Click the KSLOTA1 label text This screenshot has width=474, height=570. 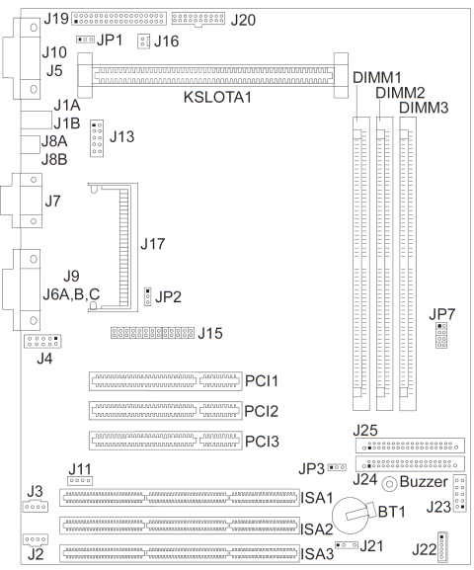pyautogui.click(x=217, y=97)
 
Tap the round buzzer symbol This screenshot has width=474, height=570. pyautogui.click(x=389, y=484)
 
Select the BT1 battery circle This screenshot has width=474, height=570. pyautogui.click(x=351, y=516)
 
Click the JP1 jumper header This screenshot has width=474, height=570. pyautogui.click(x=86, y=39)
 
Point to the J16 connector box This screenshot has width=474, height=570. pyautogui.click(x=143, y=41)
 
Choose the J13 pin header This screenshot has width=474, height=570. pyautogui.click(x=97, y=138)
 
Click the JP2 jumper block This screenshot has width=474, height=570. pyautogui.click(x=147, y=296)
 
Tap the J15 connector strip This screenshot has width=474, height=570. pyautogui.click(x=152, y=333)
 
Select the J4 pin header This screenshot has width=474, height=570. pyautogui.click(x=42, y=342)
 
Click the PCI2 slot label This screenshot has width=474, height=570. pyautogui.click(x=262, y=411)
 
